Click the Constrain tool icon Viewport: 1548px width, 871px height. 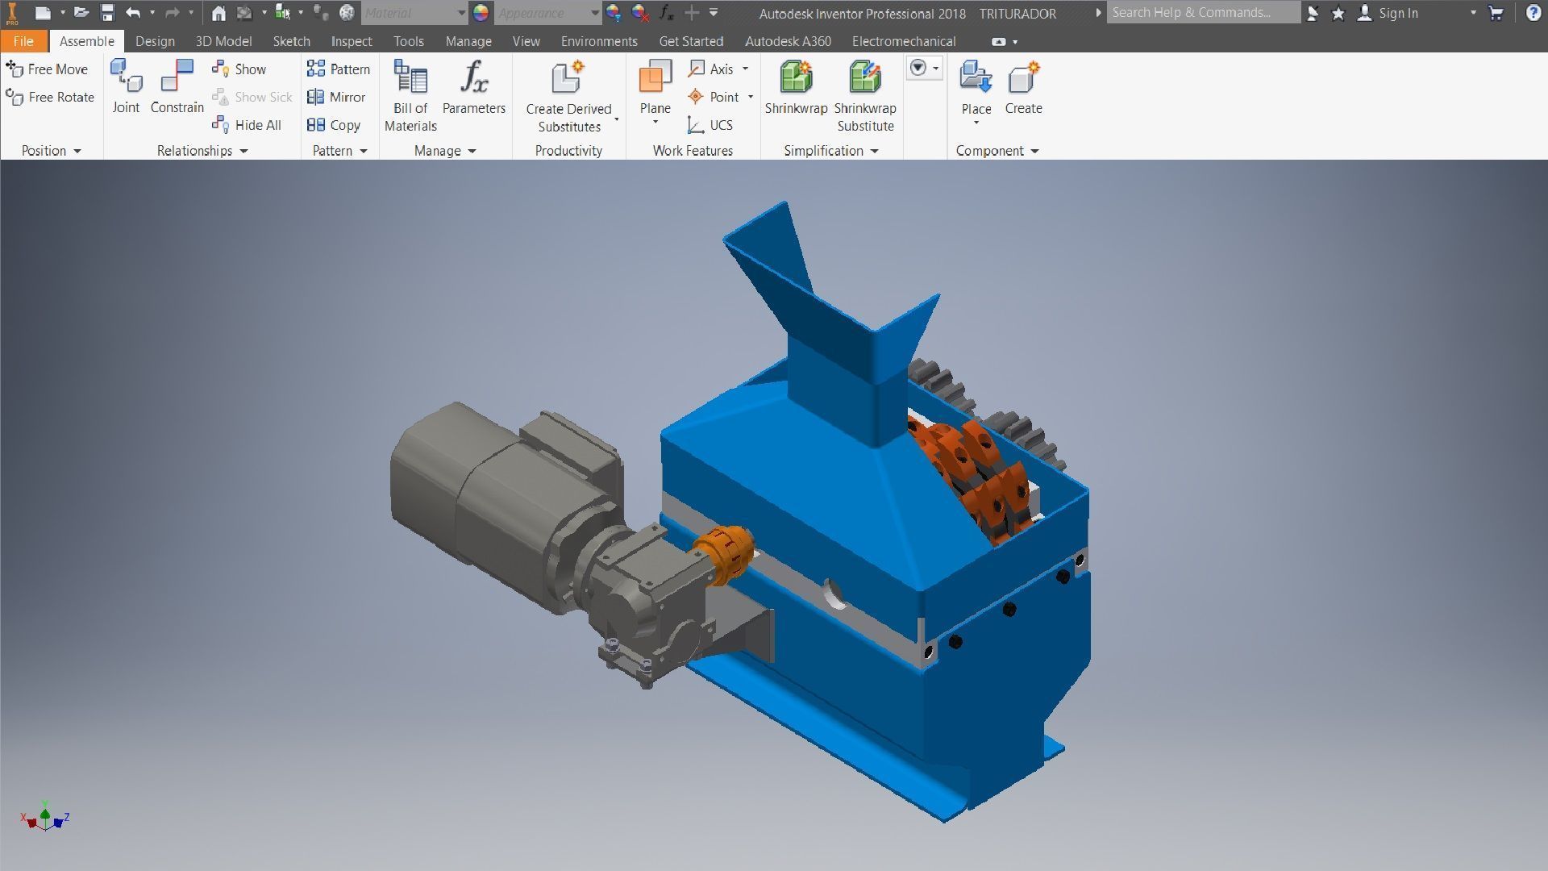[x=177, y=77]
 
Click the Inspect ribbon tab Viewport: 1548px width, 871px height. [x=351, y=41]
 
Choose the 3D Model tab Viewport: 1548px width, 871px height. [x=223, y=41]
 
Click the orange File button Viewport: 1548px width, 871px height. [x=23, y=41]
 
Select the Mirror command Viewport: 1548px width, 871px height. [x=337, y=97]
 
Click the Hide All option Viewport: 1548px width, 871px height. [x=248, y=125]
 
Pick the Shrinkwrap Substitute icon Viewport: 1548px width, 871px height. [x=864, y=78]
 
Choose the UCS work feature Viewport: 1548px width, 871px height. [x=710, y=125]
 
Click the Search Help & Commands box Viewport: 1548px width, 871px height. [x=1201, y=12]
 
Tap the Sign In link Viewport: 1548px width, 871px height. [x=1397, y=13]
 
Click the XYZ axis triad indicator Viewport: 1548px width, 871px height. [x=45, y=818]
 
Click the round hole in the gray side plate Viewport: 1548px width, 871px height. [x=834, y=594]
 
